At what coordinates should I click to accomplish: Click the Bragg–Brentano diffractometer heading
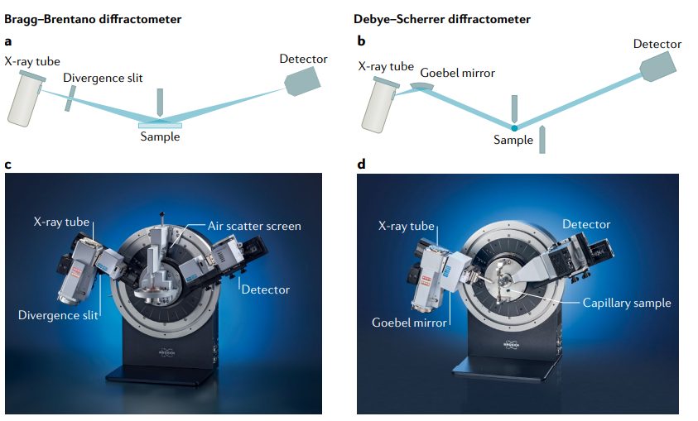pos(93,18)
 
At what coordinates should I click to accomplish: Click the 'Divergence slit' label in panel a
pos(103,78)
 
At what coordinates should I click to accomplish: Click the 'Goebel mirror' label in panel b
pos(457,73)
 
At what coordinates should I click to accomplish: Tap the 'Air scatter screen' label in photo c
pos(253,226)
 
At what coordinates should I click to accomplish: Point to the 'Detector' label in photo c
pos(266,289)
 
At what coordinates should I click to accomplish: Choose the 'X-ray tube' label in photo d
pos(406,226)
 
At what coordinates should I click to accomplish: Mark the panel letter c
pos(8,163)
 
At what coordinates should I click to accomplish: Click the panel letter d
pos(361,163)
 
